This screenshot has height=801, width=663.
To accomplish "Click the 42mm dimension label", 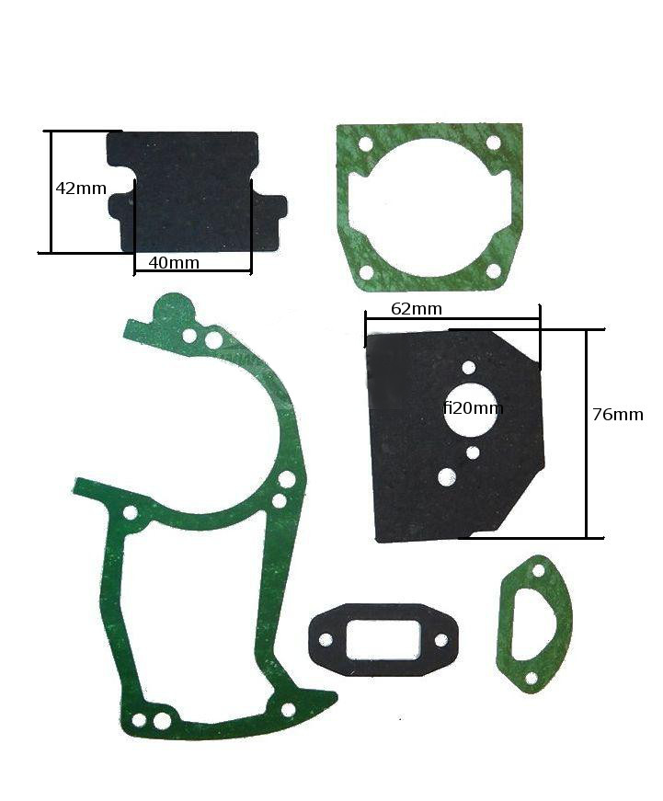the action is click(81, 189).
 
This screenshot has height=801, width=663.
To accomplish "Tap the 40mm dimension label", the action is click(174, 263).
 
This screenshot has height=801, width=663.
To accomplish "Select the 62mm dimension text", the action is click(417, 309).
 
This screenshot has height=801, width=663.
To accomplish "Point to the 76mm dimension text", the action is click(618, 414).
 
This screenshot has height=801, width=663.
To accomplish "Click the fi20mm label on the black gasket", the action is click(473, 407).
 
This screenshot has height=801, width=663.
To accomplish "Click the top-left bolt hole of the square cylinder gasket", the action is click(365, 144).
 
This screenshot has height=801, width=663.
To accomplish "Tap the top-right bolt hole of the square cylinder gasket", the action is click(494, 143).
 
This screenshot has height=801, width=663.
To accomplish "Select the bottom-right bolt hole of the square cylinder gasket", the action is click(494, 270).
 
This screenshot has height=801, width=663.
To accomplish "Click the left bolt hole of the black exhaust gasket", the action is click(326, 640).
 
